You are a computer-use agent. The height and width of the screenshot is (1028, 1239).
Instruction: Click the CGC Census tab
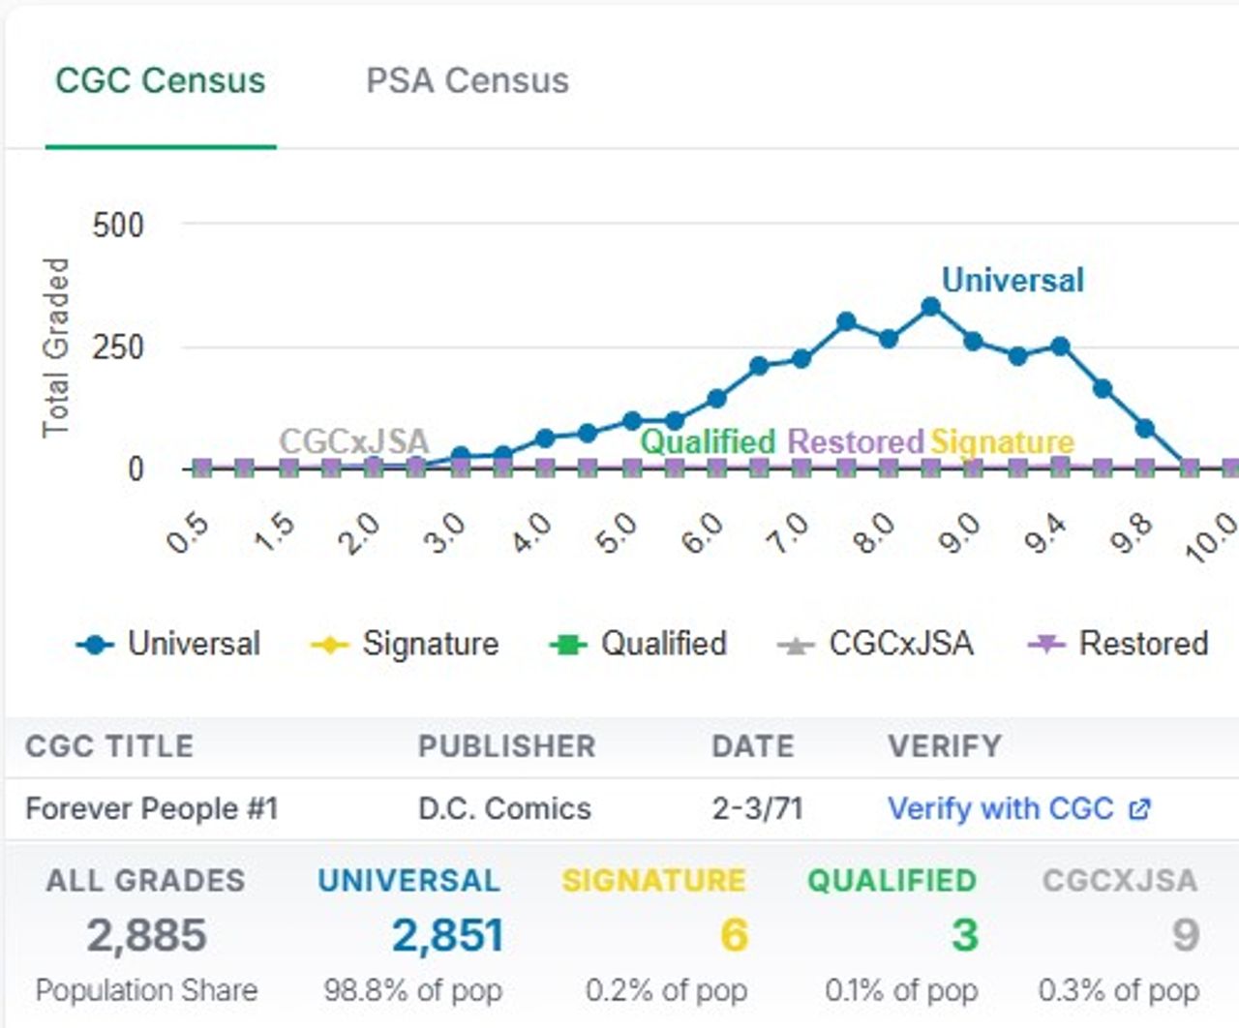(x=160, y=80)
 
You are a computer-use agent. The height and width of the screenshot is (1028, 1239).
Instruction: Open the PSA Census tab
(x=467, y=80)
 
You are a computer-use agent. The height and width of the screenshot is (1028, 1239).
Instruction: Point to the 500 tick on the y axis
(x=118, y=226)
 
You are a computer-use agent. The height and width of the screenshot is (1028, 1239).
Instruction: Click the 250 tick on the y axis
(x=118, y=347)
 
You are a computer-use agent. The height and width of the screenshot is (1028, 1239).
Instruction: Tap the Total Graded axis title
(x=56, y=347)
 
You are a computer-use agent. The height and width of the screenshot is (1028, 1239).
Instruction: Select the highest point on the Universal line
(x=930, y=307)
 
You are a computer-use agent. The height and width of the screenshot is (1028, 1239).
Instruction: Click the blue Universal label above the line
(x=1012, y=281)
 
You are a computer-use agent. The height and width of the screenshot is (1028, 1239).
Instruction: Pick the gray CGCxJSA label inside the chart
(x=353, y=441)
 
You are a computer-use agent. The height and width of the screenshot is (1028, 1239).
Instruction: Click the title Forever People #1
(x=151, y=808)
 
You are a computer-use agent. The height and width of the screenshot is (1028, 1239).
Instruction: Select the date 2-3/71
(x=757, y=808)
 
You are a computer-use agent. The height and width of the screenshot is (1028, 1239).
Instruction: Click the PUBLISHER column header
(x=506, y=746)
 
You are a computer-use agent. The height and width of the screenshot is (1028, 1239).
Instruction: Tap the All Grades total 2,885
(x=146, y=935)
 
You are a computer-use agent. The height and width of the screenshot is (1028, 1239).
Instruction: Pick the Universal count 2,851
(x=447, y=935)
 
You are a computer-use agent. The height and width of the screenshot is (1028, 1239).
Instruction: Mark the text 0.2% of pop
(x=666, y=990)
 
